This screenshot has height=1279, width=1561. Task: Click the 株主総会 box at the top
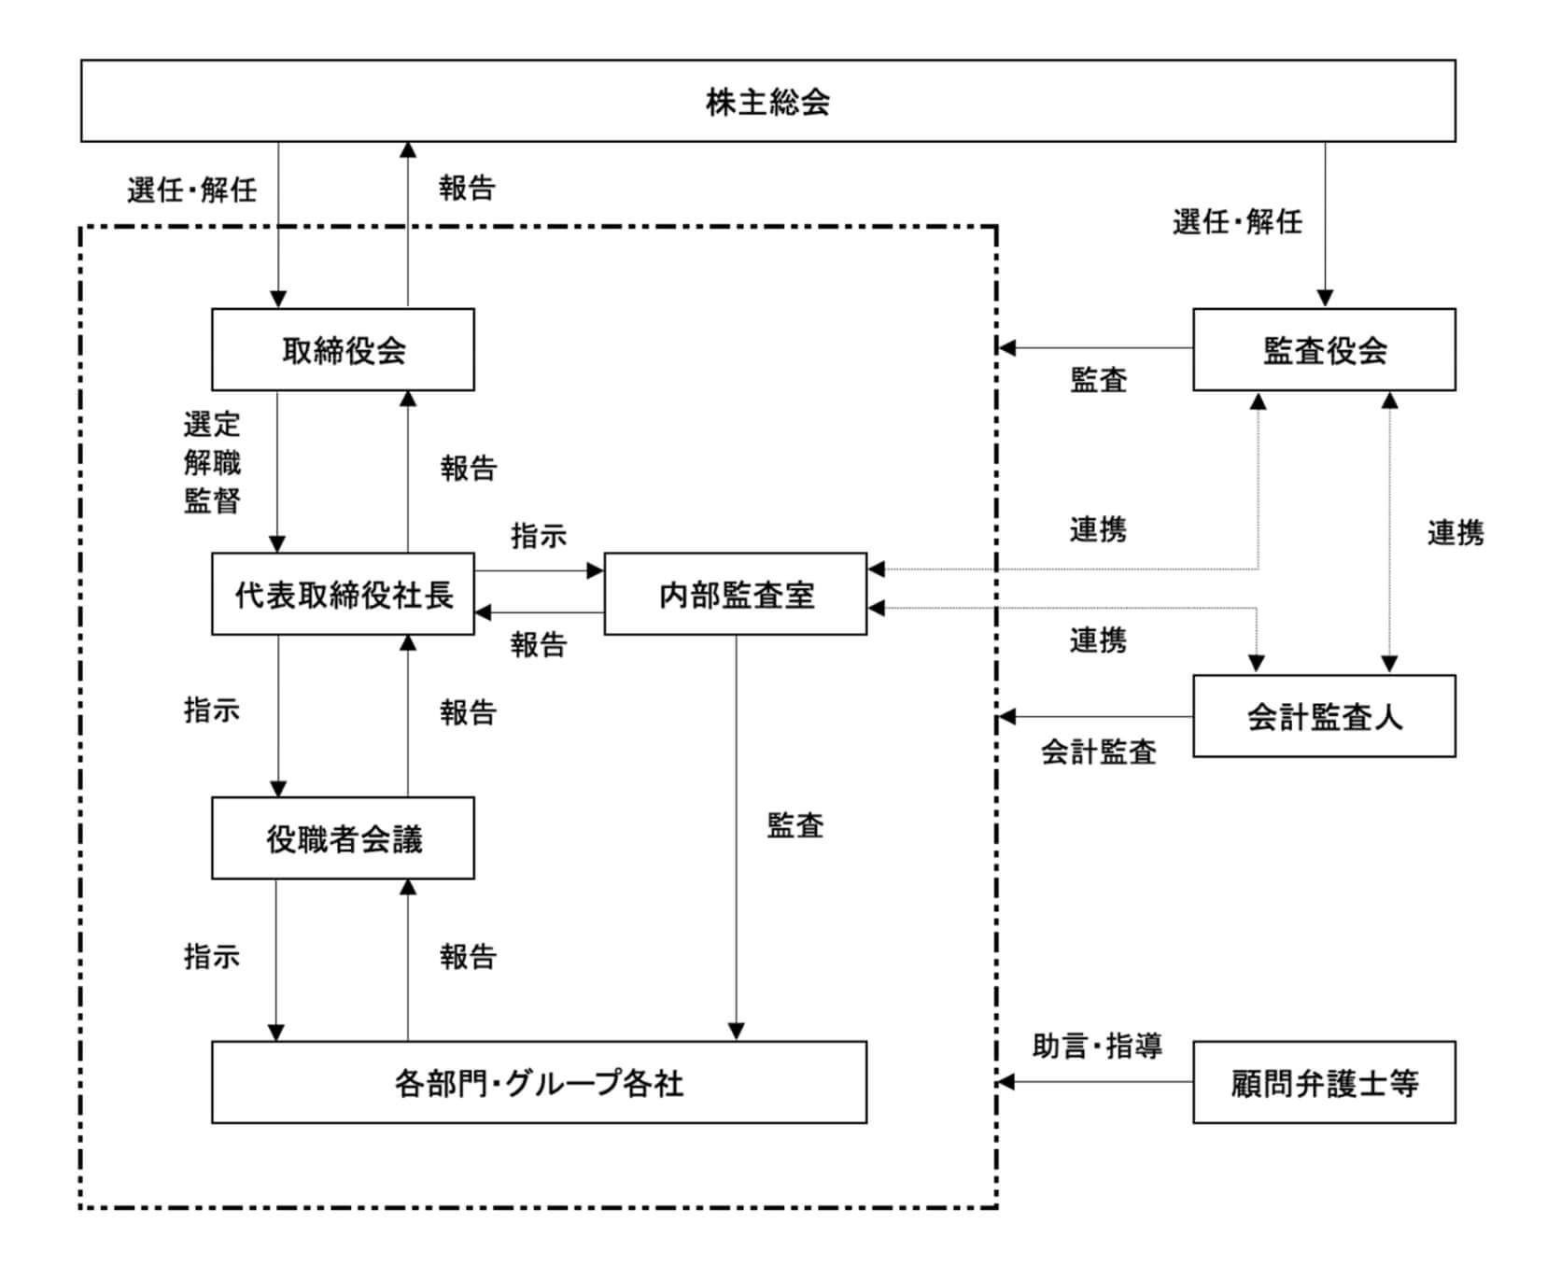coord(767,101)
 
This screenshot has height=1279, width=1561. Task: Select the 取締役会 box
coord(343,350)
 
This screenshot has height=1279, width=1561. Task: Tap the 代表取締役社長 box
coord(343,595)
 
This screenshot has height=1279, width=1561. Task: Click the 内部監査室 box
coord(736,595)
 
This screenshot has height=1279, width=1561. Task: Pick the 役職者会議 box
coord(343,838)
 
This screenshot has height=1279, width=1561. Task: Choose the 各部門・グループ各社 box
coord(539,1083)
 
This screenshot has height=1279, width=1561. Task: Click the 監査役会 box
coord(1324,350)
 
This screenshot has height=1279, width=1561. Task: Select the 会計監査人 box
coord(1324,716)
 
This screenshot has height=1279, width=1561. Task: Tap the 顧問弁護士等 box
coord(1324,1083)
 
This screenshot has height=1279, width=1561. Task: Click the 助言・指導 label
coord(1097,1046)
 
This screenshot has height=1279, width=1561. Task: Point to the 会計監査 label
coord(1099,752)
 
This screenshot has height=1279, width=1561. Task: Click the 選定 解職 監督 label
coord(212,463)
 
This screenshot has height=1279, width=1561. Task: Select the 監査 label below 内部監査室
coord(795,825)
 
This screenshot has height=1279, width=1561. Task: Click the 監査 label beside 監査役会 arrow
coord(1099,380)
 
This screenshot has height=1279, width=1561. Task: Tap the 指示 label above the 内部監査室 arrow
coord(539,536)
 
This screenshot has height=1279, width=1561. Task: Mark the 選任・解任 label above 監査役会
coord(1237,222)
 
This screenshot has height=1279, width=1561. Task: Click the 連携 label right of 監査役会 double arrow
coord(1456,533)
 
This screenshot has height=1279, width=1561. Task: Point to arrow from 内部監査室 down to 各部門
coord(736,840)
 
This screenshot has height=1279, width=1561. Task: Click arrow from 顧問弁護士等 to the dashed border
coord(1097,1082)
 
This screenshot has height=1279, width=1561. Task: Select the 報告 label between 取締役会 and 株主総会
coord(467,189)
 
